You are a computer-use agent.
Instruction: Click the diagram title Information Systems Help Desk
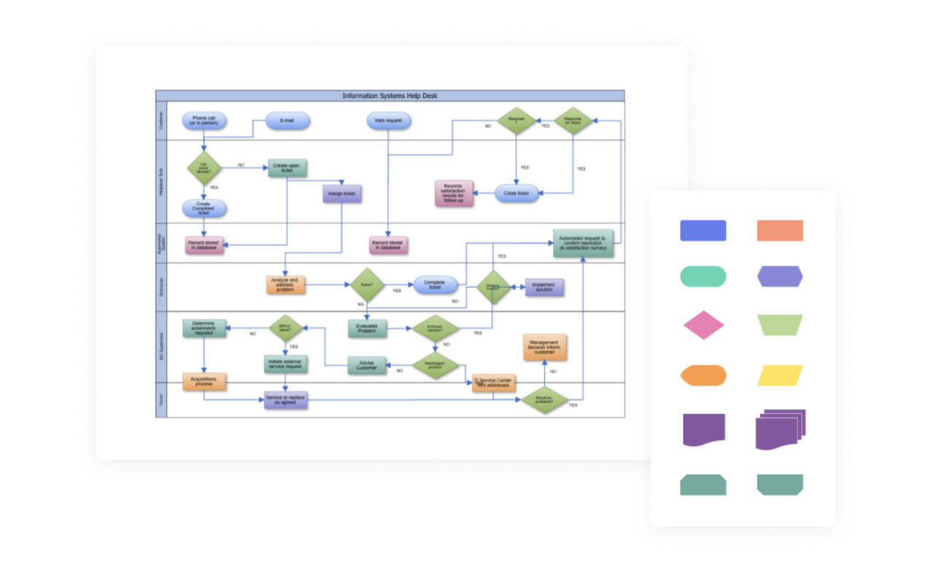pos(390,96)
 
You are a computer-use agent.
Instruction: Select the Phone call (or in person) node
pos(204,120)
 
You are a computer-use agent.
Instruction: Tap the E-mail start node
pos(287,120)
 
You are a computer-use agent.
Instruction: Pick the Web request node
pos(388,120)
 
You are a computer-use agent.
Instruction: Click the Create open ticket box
pos(286,168)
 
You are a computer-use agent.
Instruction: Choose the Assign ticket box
pos(342,193)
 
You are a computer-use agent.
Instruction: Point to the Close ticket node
pos(516,193)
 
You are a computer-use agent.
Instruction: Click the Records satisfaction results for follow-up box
pos(454,193)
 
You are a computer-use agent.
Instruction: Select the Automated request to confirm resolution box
pos(582,243)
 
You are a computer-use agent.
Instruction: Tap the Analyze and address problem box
pos(285,284)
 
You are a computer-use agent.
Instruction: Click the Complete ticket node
pos(435,284)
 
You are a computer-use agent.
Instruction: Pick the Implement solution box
pos(543,287)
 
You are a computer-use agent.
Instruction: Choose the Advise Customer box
pos(367,365)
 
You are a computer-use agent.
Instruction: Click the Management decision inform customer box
pos(544,348)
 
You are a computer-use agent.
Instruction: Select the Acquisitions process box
pos(204,381)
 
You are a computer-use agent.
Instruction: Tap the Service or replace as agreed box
pos(286,399)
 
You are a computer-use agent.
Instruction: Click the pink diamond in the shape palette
pos(703,325)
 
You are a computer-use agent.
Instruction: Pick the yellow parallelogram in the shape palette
pos(779,375)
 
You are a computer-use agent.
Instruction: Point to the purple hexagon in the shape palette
pos(779,276)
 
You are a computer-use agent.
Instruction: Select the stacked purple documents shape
pos(779,429)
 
